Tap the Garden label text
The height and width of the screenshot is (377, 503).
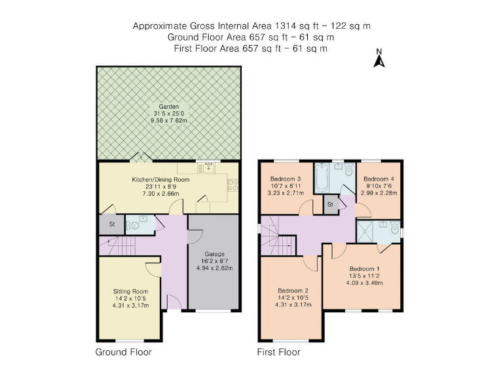[169, 107]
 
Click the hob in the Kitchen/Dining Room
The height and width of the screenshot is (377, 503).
[232, 185]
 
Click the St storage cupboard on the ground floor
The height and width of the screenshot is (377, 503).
[111, 224]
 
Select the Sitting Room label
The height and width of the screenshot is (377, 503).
[131, 291]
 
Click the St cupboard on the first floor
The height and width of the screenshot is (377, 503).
[331, 205]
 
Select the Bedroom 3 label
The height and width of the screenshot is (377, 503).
[286, 179]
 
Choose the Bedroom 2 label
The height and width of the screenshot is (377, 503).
[293, 291]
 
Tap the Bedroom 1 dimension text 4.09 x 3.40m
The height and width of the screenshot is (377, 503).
[363, 283]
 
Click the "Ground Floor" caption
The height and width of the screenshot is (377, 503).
[124, 352]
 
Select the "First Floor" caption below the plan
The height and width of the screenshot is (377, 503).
[279, 352]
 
